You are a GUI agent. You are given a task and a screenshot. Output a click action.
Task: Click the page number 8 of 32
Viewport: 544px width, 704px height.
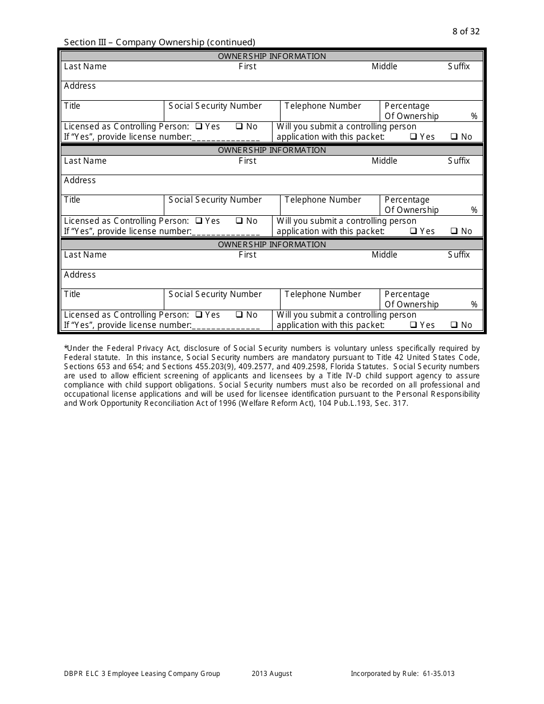coord(466,31)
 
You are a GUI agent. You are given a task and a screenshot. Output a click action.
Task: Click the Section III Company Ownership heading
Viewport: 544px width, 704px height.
coord(159,42)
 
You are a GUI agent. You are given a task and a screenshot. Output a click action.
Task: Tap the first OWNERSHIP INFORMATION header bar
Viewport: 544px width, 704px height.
coord(272,56)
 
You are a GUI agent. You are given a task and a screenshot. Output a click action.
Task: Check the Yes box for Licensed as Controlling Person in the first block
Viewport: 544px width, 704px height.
coord(199,126)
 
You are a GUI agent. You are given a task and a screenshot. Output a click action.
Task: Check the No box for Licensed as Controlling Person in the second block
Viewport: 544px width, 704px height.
coord(239,221)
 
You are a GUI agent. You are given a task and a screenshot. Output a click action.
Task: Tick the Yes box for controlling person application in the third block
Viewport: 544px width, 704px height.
coord(413,325)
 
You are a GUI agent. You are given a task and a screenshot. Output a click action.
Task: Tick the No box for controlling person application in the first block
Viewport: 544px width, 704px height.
coord(454,137)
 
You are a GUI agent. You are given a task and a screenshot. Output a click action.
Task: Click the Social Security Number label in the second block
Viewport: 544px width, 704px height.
coord(215,200)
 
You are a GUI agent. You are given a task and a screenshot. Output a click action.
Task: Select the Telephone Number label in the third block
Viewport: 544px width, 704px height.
coord(323,294)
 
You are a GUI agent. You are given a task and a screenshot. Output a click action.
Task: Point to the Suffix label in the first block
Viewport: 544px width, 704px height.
coord(459,66)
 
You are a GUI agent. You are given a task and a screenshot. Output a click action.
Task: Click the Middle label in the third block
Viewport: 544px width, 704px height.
coord(384,255)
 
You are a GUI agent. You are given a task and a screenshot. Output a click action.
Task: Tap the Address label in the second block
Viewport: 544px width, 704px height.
coord(80,180)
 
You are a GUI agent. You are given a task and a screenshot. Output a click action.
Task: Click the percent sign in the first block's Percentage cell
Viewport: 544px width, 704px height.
coord(474,116)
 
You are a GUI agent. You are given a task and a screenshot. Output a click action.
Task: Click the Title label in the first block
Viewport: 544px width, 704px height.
coord(72,106)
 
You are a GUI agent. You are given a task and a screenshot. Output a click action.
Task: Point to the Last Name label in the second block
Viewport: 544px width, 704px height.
coord(85,161)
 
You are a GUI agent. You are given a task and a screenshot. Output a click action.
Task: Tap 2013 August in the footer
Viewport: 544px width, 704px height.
coord(272,674)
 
